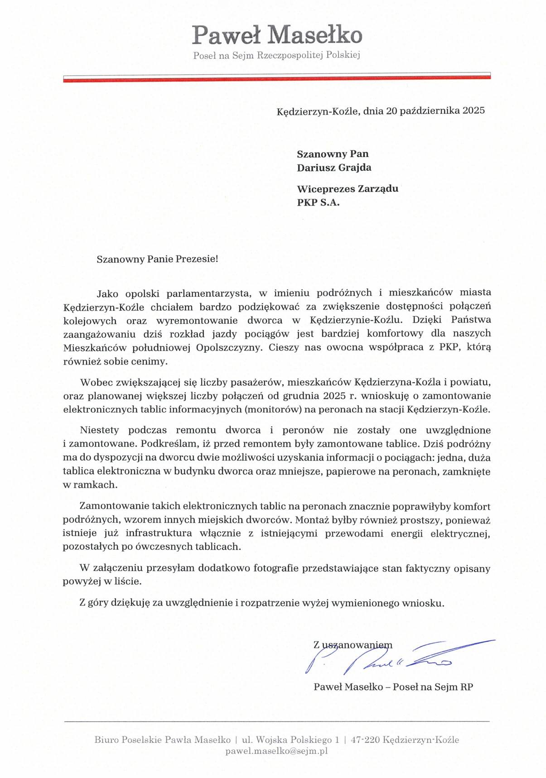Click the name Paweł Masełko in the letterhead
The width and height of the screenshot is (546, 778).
(277, 35)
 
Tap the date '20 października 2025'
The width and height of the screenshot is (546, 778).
(435, 110)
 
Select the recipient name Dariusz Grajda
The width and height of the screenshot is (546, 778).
(334, 168)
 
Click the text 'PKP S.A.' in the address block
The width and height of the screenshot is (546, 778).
(318, 202)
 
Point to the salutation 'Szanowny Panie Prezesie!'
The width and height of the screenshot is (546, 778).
(157, 259)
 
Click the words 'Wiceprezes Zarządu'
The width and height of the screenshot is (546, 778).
(348, 189)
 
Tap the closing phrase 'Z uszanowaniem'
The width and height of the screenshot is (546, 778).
(353, 645)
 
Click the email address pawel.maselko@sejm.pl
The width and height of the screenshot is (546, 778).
(276, 751)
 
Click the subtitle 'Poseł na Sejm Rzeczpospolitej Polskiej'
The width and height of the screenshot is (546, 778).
(276, 56)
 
